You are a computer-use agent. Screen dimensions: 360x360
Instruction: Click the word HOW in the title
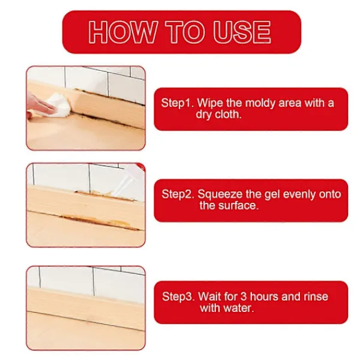tap(123, 32)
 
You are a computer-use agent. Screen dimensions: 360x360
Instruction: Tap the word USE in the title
tap(242, 32)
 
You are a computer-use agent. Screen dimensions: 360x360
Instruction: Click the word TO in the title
tap(185, 32)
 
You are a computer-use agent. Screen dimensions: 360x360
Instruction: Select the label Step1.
tap(178, 103)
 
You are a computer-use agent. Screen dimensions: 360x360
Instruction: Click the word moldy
tap(260, 103)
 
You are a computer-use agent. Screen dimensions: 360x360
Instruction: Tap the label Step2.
tap(178, 194)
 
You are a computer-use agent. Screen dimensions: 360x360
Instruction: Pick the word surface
tap(238, 205)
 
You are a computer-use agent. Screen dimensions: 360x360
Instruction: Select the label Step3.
tap(178, 296)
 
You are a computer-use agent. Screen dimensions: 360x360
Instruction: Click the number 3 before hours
tap(244, 296)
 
